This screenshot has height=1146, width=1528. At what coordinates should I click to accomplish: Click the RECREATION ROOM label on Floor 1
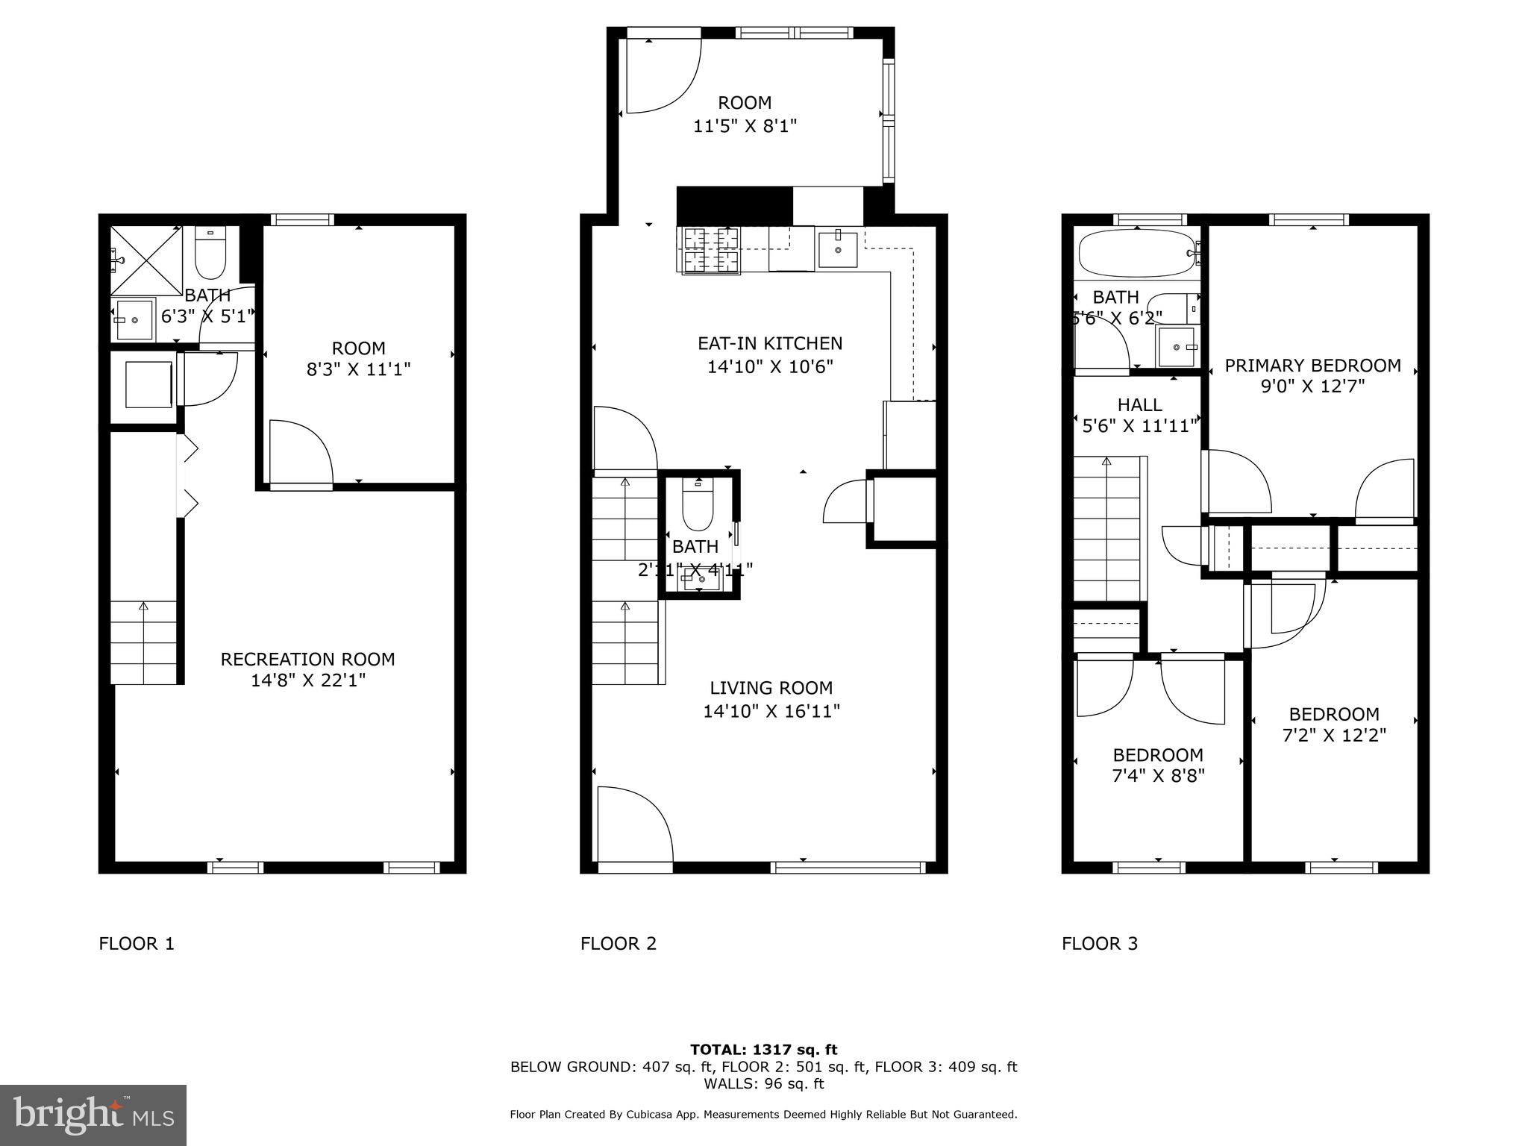point(307,660)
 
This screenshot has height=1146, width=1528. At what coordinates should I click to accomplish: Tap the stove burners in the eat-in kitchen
point(709,250)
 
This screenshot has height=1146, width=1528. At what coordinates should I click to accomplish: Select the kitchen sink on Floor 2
point(838,248)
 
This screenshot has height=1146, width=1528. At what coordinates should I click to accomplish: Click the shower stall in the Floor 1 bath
point(147,261)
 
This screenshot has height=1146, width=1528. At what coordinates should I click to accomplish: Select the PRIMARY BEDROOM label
point(1312,366)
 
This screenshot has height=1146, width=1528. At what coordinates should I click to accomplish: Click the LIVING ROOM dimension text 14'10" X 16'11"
point(771,711)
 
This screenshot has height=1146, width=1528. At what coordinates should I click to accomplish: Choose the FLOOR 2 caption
point(619,944)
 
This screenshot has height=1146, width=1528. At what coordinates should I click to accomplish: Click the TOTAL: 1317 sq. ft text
point(763,1050)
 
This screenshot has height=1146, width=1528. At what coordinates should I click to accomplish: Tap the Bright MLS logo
point(93,1115)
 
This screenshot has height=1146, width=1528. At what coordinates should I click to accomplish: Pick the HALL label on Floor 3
point(1139,405)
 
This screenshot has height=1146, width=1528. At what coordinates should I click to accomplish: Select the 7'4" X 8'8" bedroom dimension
point(1158,776)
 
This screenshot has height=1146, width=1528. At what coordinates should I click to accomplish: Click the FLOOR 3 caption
point(1100,944)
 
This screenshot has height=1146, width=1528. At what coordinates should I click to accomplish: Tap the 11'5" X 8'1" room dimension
point(745,126)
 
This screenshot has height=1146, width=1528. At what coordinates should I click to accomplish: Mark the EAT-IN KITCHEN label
point(770,343)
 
